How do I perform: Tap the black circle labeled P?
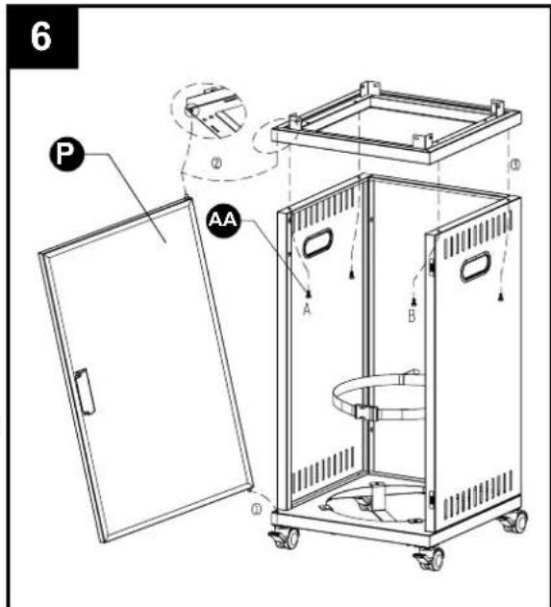(x=66, y=155)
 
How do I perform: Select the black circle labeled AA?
(x=223, y=220)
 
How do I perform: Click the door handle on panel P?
(x=86, y=391)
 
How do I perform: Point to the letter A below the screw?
(x=307, y=310)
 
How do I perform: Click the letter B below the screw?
(x=412, y=316)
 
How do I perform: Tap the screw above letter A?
(x=309, y=294)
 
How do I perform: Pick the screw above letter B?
(x=413, y=301)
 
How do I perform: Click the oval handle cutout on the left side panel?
(x=317, y=242)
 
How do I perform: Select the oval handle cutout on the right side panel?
(x=475, y=266)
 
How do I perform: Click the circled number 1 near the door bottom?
(x=257, y=510)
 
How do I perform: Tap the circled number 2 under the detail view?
(x=216, y=164)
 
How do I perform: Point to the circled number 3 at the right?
(x=514, y=164)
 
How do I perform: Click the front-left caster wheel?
(x=286, y=537)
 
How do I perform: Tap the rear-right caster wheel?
(x=515, y=521)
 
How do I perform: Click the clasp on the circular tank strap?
(x=365, y=412)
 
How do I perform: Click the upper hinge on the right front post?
(x=432, y=266)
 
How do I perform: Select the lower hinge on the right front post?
(x=431, y=499)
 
